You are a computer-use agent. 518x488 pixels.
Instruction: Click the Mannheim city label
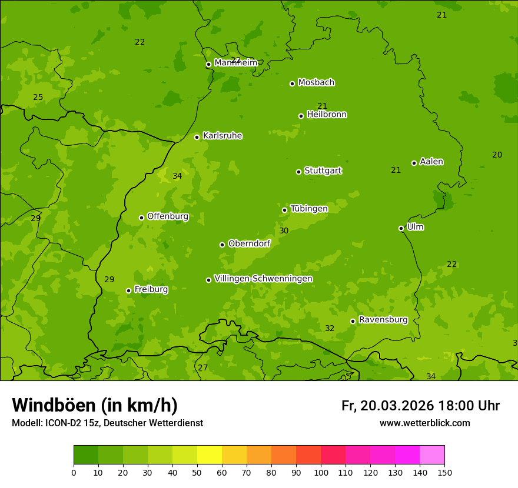[x=235, y=62]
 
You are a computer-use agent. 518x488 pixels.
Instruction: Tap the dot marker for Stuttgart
[x=298, y=172]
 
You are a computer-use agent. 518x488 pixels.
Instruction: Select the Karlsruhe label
[x=222, y=136]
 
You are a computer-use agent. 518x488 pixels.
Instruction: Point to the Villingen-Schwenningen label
[x=263, y=279]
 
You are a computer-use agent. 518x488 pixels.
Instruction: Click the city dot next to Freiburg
[x=128, y=290]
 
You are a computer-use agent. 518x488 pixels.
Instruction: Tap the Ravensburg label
[x=383, y=320]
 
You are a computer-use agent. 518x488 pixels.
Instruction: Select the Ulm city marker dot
[x=401, y=228]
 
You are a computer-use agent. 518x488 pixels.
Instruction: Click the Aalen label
[x=431, y=162]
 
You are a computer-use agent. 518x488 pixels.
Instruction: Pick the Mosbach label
[x=316, y=82]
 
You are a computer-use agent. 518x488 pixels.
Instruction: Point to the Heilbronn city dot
[x=301, y=116]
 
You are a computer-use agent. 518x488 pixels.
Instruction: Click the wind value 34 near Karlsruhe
[x=177, y=176]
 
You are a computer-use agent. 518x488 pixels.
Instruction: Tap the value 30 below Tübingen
[x=284, y=231]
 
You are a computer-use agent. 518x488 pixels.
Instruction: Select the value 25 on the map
[x=38, y=97]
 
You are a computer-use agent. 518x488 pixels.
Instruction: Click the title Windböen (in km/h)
[x=95, y=405]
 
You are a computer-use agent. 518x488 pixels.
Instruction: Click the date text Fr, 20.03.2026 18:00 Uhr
[x=420, y=406]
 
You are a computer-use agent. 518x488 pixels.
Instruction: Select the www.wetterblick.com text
[x=424, y=423]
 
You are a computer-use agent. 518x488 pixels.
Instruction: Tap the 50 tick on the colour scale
[x=197, y=472]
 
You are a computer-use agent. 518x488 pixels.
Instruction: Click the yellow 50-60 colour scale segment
[x=210, y=455]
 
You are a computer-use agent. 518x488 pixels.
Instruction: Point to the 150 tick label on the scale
[x=444, y=472]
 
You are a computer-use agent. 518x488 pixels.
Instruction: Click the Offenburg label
[x=168, y=216]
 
